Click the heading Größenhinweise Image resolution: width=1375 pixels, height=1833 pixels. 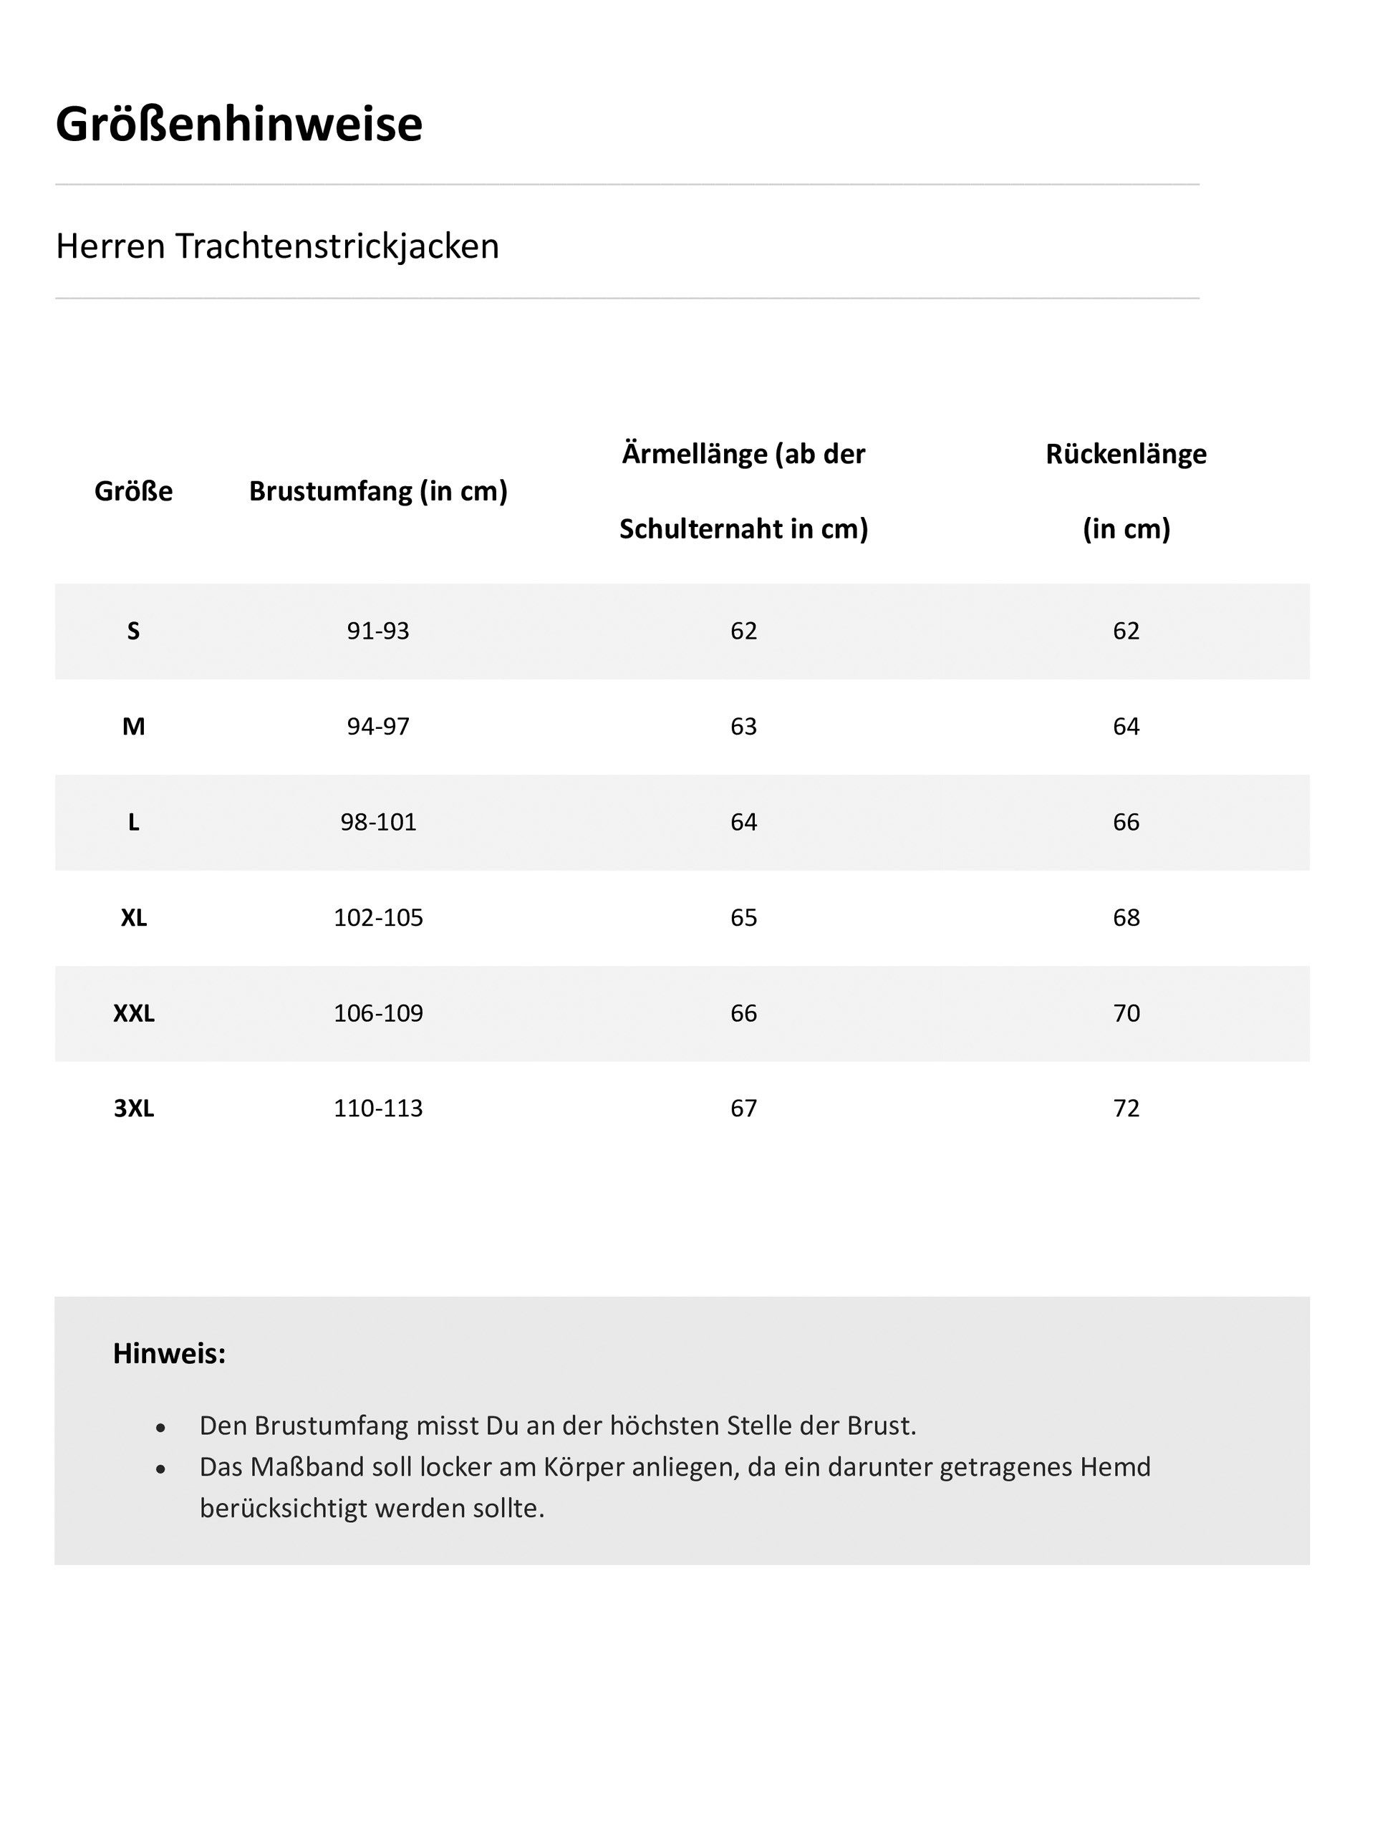[x=238, y=125]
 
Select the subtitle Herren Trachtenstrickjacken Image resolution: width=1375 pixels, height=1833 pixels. [x=277, y=246]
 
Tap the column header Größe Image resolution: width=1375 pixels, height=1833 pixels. [x=133, y=491]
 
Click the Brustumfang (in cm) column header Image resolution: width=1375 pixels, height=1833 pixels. [x=378, y=491]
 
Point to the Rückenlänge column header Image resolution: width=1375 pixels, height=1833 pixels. [x=1126, y=454]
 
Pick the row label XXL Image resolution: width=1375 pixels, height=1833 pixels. [x=133, y=1013]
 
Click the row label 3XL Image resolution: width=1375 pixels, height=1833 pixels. [x=133, y=1108]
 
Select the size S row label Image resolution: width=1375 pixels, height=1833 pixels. [x=133, y=632]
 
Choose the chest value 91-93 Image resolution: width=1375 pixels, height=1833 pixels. [x=378, y=632]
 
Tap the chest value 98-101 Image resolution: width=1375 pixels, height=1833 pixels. [x=378, y=822]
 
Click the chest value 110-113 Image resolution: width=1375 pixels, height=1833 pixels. [x=378, y=1108]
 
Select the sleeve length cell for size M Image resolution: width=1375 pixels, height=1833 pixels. [x=743, y=727]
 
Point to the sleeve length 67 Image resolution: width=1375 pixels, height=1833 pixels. [x=743, y=1108]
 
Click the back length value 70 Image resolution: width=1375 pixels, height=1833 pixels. [x=1126, y=1013]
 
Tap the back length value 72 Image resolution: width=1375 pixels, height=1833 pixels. [x=1126, y=1108]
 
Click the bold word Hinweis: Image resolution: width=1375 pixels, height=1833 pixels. [x=169, y=1353]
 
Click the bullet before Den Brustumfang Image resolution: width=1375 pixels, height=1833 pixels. [x=161, y=1427]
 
